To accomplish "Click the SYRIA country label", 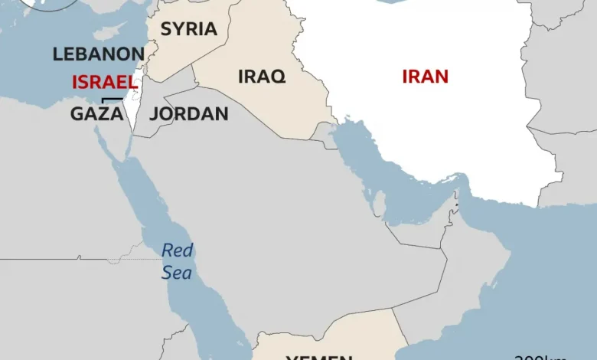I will coord(188,29).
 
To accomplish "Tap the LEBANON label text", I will coord(98,54).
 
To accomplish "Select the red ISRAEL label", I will coord(104,82).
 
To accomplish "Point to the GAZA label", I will coord(96,114).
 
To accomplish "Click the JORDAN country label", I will coord(188,114).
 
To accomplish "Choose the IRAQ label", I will coord(262,77).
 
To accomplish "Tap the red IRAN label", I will coord(425,77).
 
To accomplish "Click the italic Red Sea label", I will coord(177,261).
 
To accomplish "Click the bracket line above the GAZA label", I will coord(112,99).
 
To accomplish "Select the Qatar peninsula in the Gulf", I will coord(380,202).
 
